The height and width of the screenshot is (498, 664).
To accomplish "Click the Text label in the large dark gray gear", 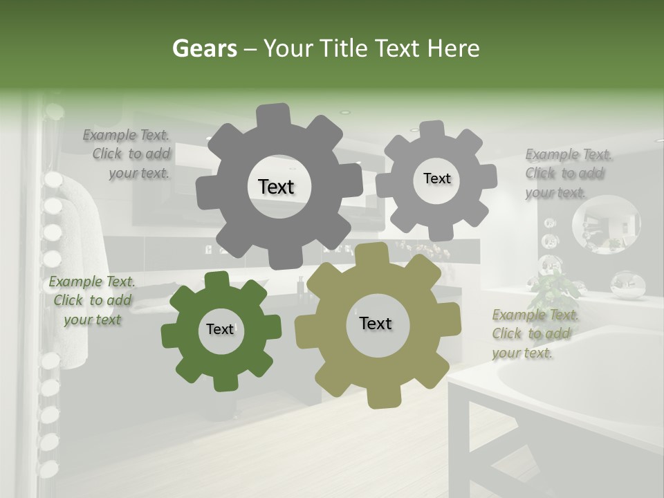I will tap(276, 187).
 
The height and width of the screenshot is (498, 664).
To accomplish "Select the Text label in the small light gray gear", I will tap(436, 178).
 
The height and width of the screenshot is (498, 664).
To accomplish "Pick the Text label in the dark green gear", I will tap(220, 329).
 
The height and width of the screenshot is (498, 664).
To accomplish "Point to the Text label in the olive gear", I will tap(376, 323).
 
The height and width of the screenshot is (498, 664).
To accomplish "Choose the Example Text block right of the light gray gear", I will tap(567, 174).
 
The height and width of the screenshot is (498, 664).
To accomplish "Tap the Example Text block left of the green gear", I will tap(93, 300).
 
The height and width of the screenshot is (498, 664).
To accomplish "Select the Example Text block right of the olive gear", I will tap(534, 334).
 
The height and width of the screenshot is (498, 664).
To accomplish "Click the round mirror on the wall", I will tap(606, 223).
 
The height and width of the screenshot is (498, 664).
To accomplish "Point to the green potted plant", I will tap(557, 290).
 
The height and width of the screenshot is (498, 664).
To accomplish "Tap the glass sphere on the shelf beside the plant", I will tap(628, 284).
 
